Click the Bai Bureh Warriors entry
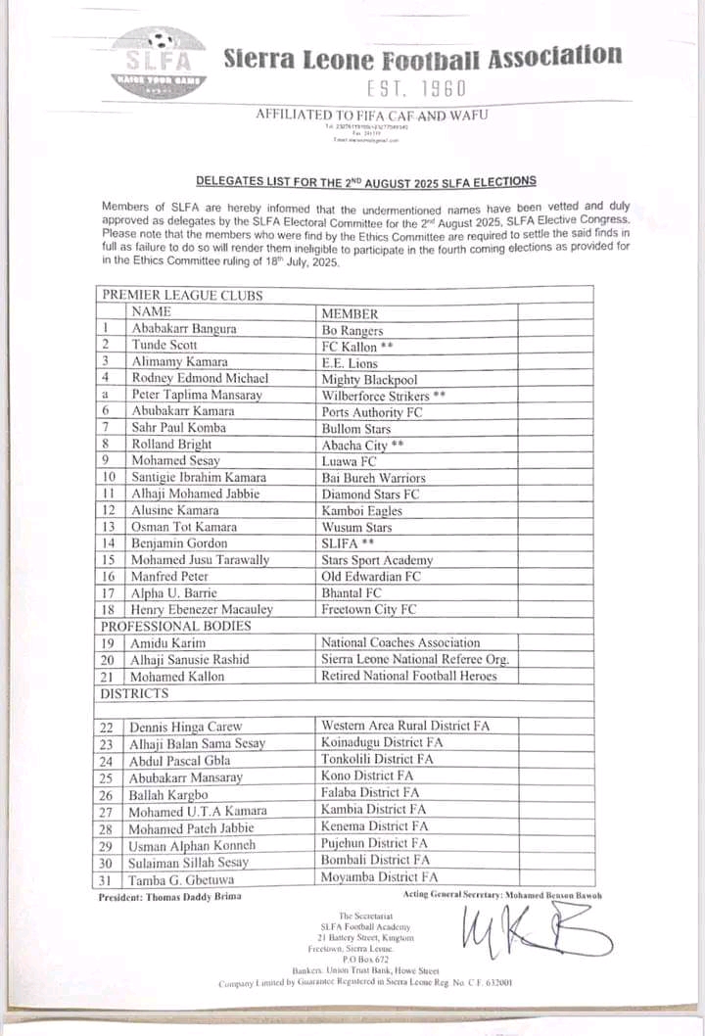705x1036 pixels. [x=373, y=477]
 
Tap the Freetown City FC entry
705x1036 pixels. [x=369, y=609]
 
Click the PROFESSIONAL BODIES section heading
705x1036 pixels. [x=175, y=625]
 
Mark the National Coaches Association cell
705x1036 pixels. [x=400, y=642]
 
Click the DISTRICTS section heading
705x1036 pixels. [x=135, y=693]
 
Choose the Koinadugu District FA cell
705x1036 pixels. [x=383, y=742]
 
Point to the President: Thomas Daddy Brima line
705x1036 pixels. [x=169, y=896]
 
